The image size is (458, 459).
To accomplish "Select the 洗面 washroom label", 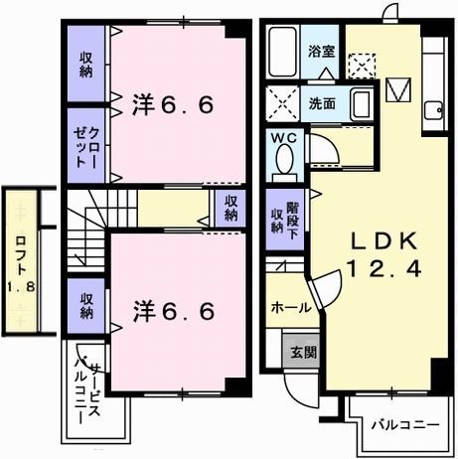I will click(x=321, y=101).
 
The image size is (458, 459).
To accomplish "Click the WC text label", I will click(x=285, y=138).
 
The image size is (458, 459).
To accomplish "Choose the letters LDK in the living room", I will click(x=376, y=241).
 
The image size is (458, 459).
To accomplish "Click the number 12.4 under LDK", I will click(x=376, y=268).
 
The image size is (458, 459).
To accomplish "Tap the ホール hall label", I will click(x=291, y=307).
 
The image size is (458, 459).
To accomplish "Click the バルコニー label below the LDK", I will click(x=404, y=424).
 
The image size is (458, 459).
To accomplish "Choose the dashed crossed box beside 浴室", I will click(x=361, y=65).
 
